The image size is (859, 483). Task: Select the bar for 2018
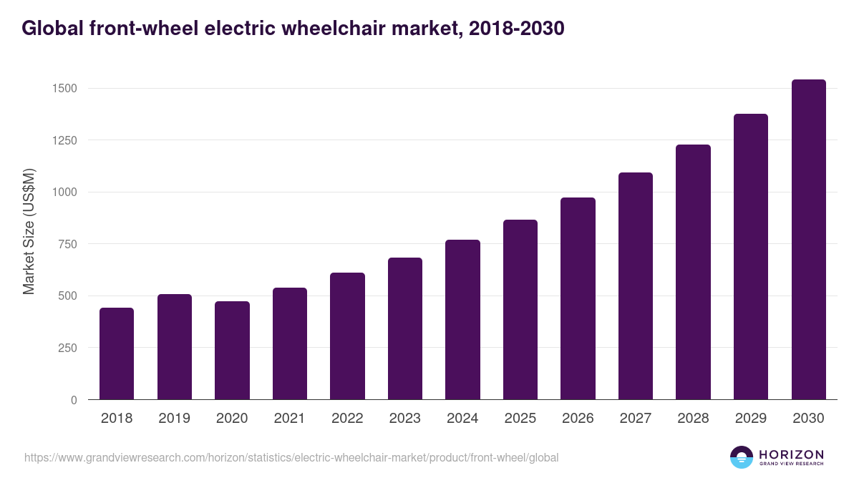coord(117,353)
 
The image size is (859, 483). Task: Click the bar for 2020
coord(232,351)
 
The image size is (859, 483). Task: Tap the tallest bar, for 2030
coord(808,240)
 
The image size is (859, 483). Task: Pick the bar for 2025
coord(520,310)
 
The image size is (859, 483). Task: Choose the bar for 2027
coord(636,286)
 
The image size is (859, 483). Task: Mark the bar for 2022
coord(347,336)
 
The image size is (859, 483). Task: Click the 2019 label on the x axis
coord(175,419)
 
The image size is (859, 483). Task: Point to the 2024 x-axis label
coord(462,419)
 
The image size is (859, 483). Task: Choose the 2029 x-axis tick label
coord(750,419)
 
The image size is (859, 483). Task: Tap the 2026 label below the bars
coord(578,419)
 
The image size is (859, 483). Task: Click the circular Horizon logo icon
coord(742,457)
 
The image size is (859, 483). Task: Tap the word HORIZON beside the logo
coord(791,454)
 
